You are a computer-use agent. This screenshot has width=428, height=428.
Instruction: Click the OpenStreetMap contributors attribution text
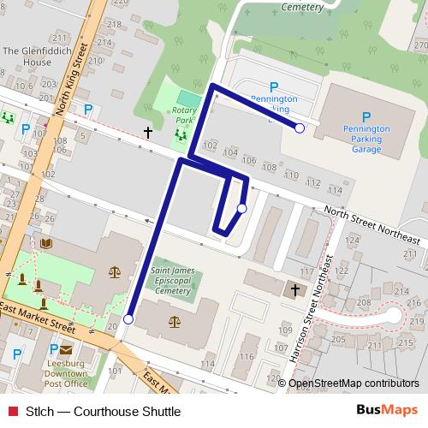354,383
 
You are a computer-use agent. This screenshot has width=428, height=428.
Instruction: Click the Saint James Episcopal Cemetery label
173,280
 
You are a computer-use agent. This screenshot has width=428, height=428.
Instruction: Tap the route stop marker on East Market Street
128,319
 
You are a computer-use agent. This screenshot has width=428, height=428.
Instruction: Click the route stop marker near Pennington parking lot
300,128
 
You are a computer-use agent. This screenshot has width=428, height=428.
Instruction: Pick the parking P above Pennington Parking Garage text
366,117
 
